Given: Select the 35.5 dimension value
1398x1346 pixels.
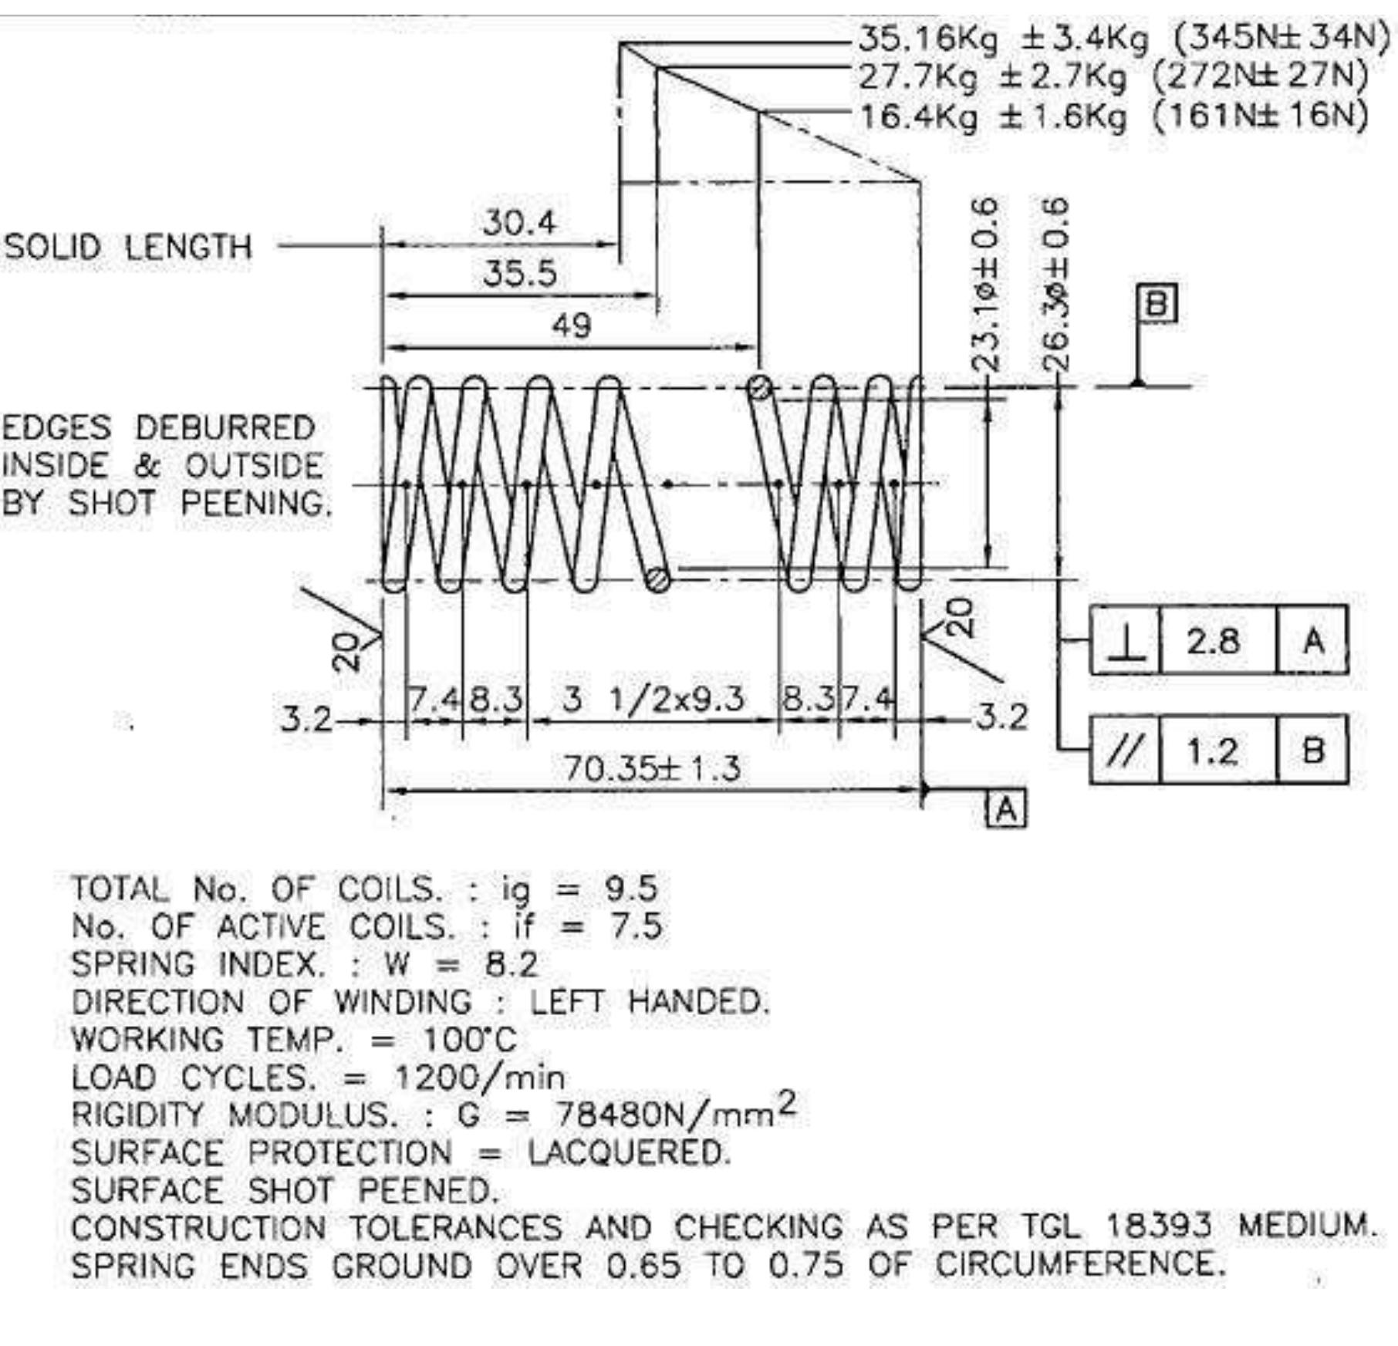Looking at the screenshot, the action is click(x=519, y=273).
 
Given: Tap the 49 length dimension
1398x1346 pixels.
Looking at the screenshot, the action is click(x=571, y=326).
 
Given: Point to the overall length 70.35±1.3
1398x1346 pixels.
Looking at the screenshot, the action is click(x=652, y=768).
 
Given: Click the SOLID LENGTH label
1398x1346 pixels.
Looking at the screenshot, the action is click(x=128, y=247).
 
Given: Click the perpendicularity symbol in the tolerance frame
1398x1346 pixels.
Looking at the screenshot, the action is click(x=1126, y=641).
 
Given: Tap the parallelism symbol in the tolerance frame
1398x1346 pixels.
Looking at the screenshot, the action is click(x=1126, y=750).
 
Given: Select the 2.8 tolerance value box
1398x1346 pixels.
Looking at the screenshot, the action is click(x=1217, y=641).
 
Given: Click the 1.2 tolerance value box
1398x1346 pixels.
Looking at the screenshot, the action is click(x=1217, y=750).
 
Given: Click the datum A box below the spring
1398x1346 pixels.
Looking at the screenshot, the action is click(x=1007, y=808).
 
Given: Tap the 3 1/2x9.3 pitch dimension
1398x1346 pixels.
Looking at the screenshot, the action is click(x=653, y=700).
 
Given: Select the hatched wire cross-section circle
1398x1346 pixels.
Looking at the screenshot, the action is click(x=658, y=579).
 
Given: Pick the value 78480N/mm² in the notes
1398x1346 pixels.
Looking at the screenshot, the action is click(x=676, y=1112).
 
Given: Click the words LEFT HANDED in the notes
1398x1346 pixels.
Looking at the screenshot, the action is click(x=649, y=1002).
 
